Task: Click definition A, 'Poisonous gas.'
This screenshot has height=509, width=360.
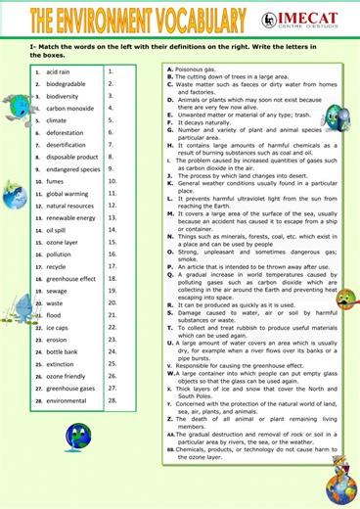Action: point(200,69)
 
